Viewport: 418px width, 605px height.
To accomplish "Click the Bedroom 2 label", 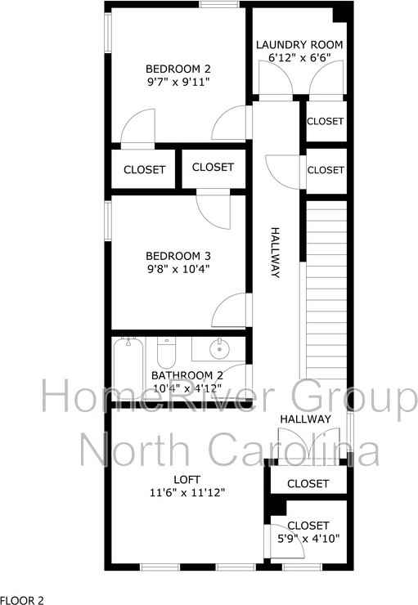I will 178,68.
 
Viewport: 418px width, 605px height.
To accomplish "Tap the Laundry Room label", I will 299,45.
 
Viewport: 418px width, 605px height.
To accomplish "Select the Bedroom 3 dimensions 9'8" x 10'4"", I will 178,267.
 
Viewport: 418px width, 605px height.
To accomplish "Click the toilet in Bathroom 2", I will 166,353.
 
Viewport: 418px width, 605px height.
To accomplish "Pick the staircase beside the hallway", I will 327,290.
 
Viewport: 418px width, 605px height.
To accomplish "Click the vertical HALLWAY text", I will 276,253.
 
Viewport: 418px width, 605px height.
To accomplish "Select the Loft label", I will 187,479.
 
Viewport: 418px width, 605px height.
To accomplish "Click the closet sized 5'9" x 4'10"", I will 308,532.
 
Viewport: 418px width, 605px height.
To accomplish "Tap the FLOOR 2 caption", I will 22,599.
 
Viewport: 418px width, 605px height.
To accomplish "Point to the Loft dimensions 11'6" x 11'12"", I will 187,493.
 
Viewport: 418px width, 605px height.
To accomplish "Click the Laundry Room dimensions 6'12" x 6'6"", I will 299,58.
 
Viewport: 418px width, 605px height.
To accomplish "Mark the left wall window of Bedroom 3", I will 107,222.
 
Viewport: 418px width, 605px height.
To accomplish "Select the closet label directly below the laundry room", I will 325,121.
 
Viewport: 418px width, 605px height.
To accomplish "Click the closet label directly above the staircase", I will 325,170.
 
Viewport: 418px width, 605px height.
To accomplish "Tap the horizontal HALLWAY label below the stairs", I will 305,419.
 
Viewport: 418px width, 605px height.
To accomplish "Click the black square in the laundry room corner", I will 340,14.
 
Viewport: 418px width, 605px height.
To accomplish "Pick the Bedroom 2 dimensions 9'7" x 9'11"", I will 178,82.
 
